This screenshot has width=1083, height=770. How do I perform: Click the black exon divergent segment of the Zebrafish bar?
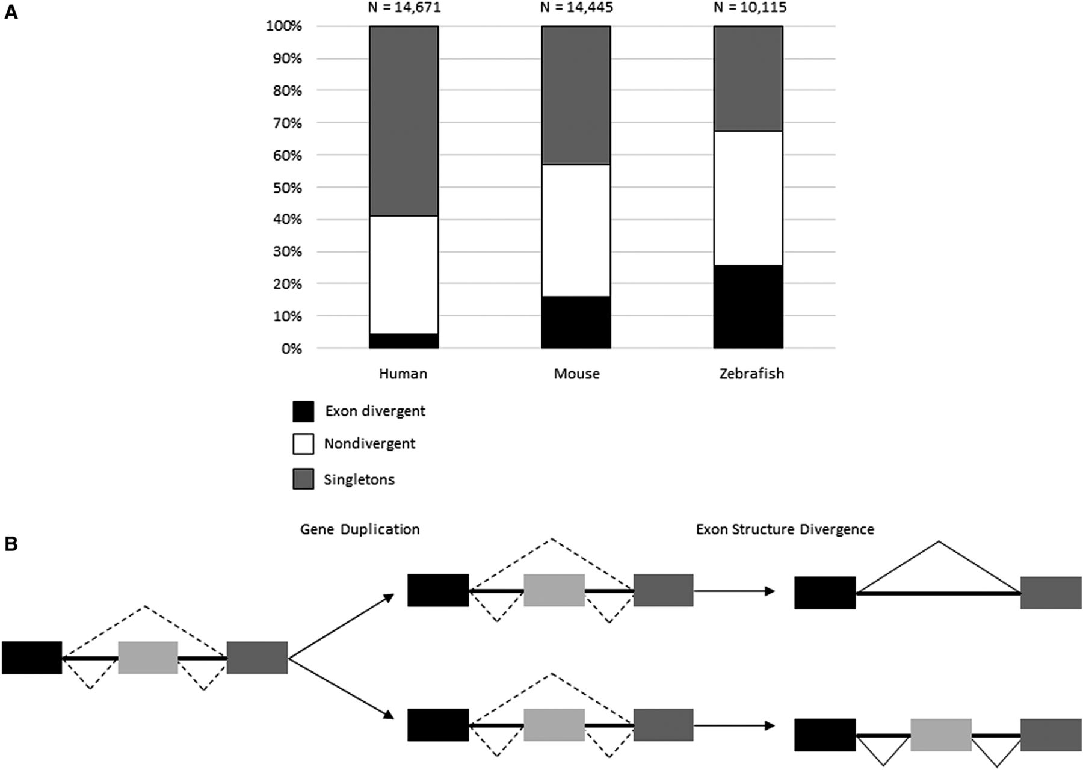[x=748, y=307]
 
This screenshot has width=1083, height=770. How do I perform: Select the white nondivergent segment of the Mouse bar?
[x=576, y=230]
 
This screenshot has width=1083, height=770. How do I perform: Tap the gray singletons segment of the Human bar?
[x=404, y=121]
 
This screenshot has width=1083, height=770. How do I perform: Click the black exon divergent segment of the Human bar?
[x=404, y=341]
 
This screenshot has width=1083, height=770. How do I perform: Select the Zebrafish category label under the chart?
[x=751, y=374]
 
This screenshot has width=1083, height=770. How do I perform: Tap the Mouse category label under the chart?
[x=576, y=374]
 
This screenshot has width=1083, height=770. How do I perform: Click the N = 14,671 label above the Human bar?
[x=404, y=8]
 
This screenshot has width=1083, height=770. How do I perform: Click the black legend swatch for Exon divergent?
[x=303, y=411]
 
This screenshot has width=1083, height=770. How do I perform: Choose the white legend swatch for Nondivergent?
[x=303, y=444]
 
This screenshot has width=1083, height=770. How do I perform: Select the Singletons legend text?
[x=359, y=479]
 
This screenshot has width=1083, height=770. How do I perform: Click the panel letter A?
[x=11, y=13]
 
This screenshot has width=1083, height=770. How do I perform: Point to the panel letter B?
[x=11, y=544]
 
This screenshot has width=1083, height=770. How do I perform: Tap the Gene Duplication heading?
[x=360, y=529]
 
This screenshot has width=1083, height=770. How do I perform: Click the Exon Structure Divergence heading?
[x=785, y=529]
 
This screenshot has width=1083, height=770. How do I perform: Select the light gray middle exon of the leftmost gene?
[x=148, y=658]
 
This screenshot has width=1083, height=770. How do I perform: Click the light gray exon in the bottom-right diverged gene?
[x=941, y=735]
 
